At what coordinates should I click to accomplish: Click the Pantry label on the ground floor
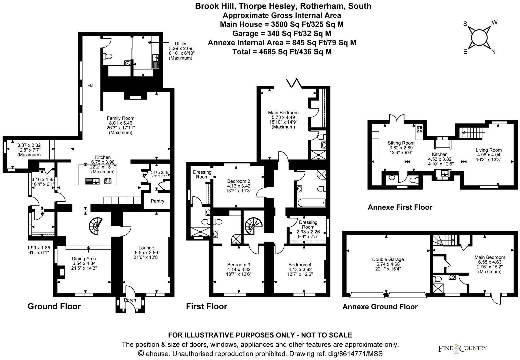(x=157, y=201)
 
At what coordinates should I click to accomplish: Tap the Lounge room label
(x=146, y=248)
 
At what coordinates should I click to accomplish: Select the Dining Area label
(x=84, y=258)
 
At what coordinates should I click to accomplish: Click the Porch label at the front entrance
(x=130, y=300)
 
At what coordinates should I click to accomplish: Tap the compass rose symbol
(x=479, y=37)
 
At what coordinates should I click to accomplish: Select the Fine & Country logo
(x=462, y=349)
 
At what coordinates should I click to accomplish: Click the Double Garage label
(x=388, y=259)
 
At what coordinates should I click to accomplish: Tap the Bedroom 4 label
(x=300, y=265)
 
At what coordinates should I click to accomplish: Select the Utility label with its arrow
(x=180, y=44)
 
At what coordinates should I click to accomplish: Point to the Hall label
(x=91, y=86)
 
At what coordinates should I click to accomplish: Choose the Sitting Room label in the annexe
(x=401, y=143)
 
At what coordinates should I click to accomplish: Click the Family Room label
(x=120, y=118)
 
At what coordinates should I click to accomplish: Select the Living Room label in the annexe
(x=488, y=150)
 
